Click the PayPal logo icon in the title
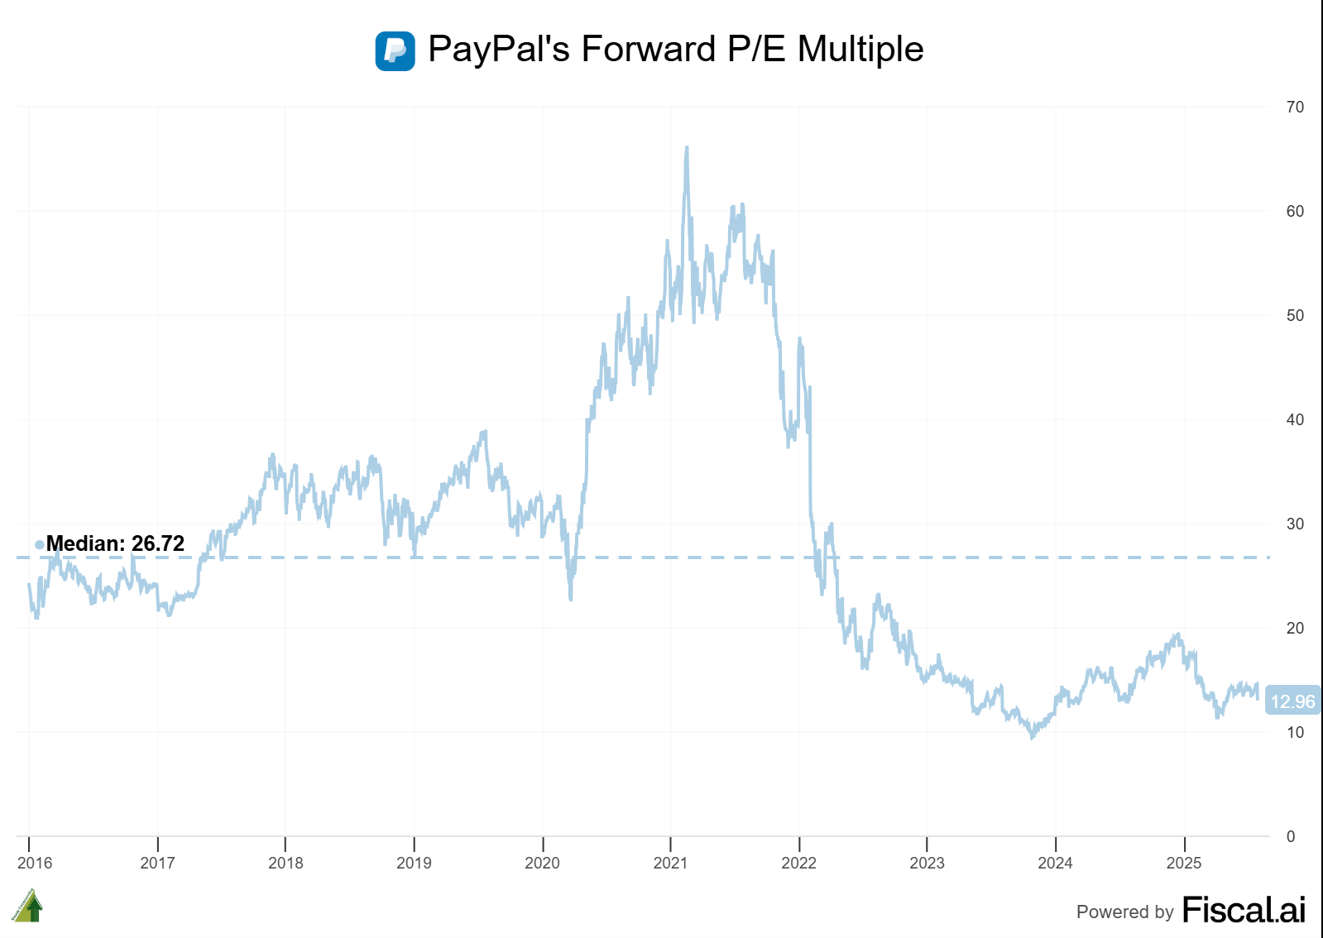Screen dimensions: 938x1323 point(395,50)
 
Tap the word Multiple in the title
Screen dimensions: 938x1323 point(860,50)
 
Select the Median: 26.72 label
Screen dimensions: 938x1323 point(115,543)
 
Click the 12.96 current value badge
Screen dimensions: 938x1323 point(1292,701)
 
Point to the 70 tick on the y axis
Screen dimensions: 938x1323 point(1295,107)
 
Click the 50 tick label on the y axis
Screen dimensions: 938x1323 point(1295,315)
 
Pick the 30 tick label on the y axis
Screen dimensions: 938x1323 point(1295,524)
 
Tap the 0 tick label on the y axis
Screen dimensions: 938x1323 point(1291,836)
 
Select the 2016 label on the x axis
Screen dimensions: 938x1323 point(35,863)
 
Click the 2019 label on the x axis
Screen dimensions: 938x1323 point(414,863)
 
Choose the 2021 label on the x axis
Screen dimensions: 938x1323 point(670,863)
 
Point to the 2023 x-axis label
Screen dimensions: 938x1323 point(927,863)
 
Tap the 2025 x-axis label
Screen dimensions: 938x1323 point(1184,863)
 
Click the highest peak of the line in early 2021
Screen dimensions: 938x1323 point(687,149)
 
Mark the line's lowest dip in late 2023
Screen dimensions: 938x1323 point(1032,735)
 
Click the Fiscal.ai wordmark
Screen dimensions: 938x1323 point(1244,910)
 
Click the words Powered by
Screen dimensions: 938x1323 point(1124,912)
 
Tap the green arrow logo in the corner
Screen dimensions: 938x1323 point(28,907)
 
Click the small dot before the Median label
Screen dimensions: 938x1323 point(39,544)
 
